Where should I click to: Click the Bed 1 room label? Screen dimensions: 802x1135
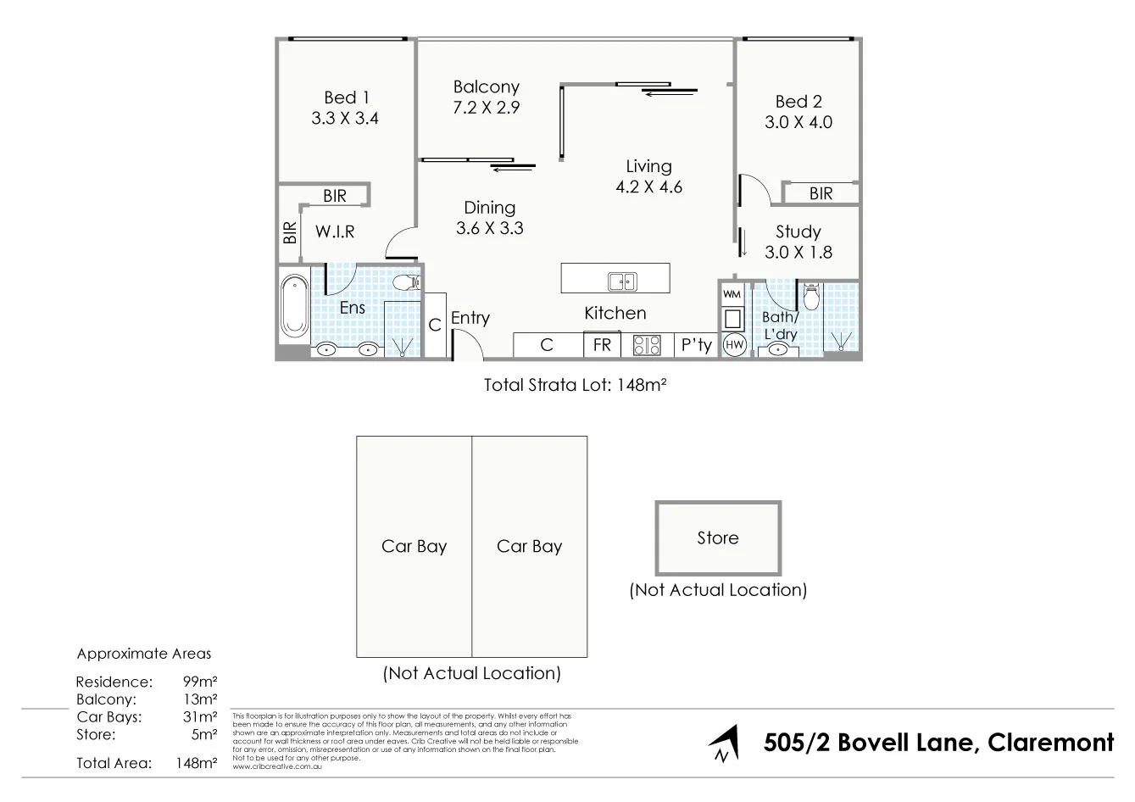[346, 97]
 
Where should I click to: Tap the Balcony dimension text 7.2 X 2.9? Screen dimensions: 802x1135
[486, 108]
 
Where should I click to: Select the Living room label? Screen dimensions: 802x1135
[648, 166]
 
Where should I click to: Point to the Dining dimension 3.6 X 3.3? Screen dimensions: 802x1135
[489, 228]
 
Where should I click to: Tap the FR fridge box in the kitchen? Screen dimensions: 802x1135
[602, 345]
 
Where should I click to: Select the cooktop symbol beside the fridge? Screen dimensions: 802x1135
[647, 345]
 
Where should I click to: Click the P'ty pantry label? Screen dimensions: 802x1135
[696, 345]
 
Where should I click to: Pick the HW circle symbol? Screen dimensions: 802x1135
[734, 346]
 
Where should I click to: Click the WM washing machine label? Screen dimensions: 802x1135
[732, 294]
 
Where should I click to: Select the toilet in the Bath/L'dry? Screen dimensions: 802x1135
[810, 298]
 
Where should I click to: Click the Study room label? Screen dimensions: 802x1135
[798, 231]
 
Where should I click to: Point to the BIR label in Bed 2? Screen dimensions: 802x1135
[821, 193]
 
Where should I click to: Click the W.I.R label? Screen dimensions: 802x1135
[335, 231]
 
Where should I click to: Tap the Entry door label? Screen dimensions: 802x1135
[470, 318]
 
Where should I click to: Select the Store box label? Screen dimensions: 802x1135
[717, 537]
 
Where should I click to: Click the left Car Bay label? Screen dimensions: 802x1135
[414, 546]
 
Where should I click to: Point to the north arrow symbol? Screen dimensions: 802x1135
[721, 744]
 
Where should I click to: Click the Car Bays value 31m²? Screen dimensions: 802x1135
[200, 717]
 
